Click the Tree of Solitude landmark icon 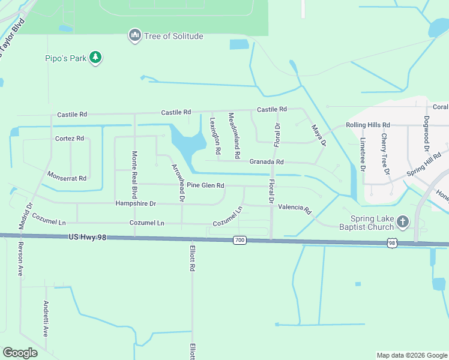click(134, 36)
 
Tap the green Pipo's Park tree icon click(95, 58)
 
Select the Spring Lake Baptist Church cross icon click(402, 222)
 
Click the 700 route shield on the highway click(240, 241)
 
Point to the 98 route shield click(392, 243)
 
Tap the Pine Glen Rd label click(205, 185)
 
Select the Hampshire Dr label click(136, 204)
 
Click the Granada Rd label click(266, 162)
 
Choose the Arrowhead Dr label click(178, 182)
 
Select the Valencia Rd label click(295, 209)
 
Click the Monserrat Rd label click(67, 178)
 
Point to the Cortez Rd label click(69, 139)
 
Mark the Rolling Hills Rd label click(367, 125)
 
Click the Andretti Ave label click(45, 319)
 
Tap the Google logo click(20, 353)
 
